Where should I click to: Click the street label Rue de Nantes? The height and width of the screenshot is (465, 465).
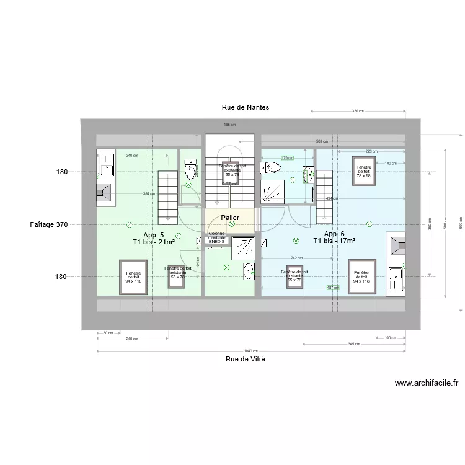pyautogui.click(x=246, y=107)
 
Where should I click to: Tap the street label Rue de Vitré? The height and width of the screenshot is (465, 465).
pyautogui.click(x=246, y=359)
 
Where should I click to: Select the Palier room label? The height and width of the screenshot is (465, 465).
pyautogui.click(x=230, y=218)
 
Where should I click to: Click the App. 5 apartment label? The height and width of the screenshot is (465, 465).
pyautogui.click(x=153, y=235)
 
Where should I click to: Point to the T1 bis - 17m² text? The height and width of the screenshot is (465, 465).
pyautogui.click(x=334, y=241)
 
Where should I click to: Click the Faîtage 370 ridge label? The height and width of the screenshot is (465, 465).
pyautogui.click(x=48, y=224)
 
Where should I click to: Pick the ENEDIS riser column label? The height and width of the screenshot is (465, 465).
pyautogui.click(x=217, y=240)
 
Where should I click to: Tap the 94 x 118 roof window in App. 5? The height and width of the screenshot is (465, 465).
pyautogui.click(x=133, y=277)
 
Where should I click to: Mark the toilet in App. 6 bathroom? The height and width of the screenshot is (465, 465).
pyautogui.click(x=271, y=167)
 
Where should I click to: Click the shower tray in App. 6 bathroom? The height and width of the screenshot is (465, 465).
pyautogui.click(x=273, y=192)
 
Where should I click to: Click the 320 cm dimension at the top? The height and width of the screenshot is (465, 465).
pyautogui.click(x=357, y=111)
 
